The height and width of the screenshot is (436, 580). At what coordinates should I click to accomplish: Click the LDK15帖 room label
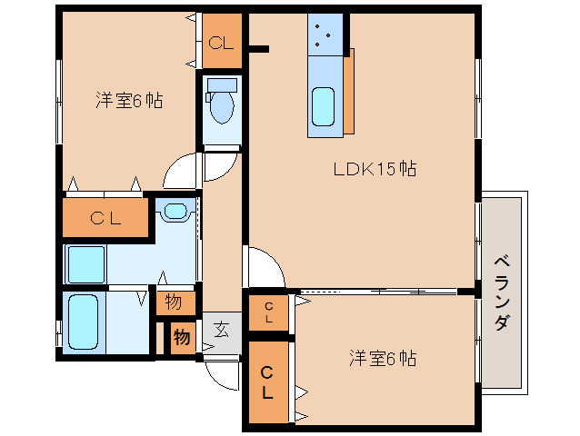(x=375, y=169)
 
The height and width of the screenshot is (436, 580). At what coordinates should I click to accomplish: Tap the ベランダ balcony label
(x=503, y=292)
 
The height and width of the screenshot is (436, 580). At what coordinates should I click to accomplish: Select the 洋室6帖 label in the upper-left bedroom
(x=129, y=100)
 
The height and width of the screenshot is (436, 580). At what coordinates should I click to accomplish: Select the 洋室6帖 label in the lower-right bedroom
(x=383, y=358)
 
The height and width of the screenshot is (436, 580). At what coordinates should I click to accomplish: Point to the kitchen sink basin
(x=323, y=107)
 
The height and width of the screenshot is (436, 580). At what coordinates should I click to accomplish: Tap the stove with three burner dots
(x=325, y=35)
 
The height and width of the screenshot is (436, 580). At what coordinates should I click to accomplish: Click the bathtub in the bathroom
(x=84, y=322)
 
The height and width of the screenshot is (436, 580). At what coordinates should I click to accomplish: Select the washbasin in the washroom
(x=175, y=211)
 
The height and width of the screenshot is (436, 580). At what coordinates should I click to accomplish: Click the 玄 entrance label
(x=222, y=329)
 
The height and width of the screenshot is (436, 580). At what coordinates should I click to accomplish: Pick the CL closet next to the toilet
(x=222, y=41)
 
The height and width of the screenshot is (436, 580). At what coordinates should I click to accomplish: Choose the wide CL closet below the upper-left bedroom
(x=105, y=218)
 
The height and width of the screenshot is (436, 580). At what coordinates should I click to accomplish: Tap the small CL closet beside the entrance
(x=268, y=312)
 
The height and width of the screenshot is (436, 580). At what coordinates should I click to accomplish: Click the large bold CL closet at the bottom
(x=268, y=382)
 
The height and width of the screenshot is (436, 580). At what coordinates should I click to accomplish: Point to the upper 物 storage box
(x=175, y=303)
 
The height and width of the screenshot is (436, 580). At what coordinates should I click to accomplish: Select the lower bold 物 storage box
(x=183, y=337)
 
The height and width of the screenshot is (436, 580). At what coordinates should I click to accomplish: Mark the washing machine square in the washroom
(x=85, y=264)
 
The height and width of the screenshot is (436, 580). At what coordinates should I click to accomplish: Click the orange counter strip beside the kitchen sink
(x=349, y=91)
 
